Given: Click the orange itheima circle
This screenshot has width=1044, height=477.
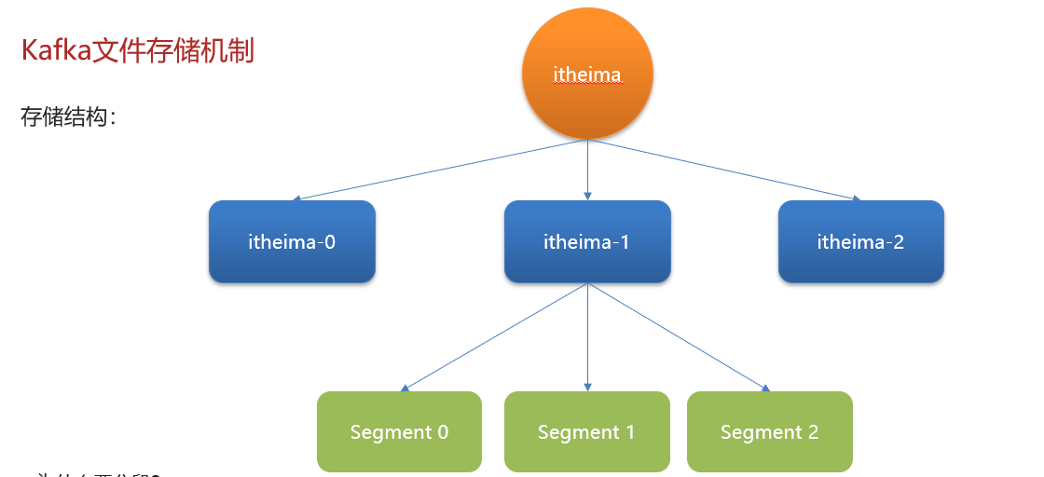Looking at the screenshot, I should click(587, 75).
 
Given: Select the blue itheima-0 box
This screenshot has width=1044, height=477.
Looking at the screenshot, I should click(292, 242).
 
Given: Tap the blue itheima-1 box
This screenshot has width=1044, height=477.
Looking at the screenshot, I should click(587, 242).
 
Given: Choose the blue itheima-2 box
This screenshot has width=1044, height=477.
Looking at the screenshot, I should click(860, 242).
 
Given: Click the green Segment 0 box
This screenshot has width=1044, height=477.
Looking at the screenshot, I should click(399, 432).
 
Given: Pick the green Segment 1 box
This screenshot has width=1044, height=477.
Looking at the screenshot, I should click(586, 432).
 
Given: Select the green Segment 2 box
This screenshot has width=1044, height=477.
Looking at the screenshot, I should click(769, 432).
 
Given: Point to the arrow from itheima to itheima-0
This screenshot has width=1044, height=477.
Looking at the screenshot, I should click(438, 170).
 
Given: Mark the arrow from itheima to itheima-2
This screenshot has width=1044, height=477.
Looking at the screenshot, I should click(723, 170).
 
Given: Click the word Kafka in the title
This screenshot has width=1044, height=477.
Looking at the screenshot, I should click(55, 51).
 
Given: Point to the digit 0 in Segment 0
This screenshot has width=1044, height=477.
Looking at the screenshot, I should click(443, 432).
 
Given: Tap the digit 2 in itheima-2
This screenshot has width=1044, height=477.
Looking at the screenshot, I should click(899, 242).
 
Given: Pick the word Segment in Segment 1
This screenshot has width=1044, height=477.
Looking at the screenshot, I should click(578, 432).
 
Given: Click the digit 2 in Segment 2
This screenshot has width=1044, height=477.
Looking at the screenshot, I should click(813, 432).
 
